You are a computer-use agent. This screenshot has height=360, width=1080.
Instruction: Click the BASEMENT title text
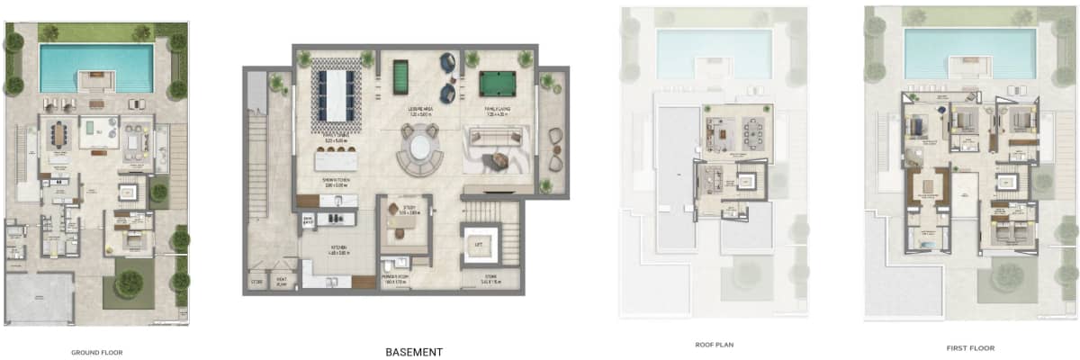[413, 351]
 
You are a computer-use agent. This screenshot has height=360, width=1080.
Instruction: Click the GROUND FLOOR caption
[97, 352]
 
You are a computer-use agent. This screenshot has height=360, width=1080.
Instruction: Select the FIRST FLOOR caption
[970, 347]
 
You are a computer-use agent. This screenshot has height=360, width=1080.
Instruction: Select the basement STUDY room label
[402, 212]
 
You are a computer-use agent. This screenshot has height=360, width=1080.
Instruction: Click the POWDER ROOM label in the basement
[396, 281]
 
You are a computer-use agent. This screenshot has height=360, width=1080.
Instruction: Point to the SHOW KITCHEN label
[330, 185]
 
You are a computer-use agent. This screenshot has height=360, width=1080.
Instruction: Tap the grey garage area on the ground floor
[40, 298]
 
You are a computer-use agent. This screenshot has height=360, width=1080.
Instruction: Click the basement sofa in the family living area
[495, 140]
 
